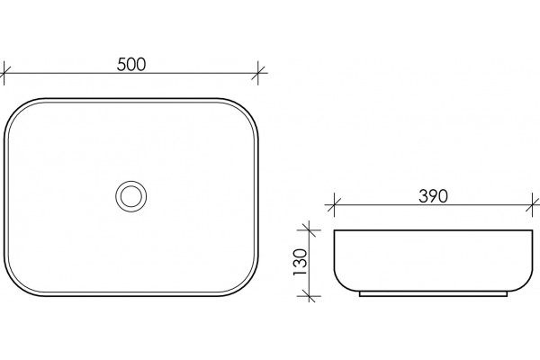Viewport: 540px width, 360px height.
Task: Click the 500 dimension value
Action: pos(131,65)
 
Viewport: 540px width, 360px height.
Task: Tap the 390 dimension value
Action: pos(433,196)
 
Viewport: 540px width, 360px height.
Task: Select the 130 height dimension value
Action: pos(300,262)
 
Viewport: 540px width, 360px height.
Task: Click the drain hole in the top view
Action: pos(130,196)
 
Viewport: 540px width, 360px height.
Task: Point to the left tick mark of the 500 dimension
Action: pos(4,73)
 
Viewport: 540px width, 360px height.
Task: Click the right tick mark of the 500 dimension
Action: pos(258,73)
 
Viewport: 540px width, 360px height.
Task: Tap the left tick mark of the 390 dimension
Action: pos(335,205)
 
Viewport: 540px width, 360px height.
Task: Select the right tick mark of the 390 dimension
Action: pos(533,205)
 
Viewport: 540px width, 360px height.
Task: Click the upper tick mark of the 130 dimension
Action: pos(310,229)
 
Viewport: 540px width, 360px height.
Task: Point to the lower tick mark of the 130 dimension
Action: pos(310,295)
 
